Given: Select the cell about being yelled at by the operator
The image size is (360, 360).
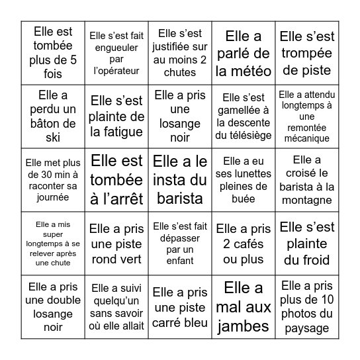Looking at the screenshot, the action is (x=116, y=52).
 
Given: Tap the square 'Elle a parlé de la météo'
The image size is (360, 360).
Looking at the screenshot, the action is (x=244, y=52).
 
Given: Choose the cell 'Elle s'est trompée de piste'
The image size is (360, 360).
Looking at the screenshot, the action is (x=307, y=52).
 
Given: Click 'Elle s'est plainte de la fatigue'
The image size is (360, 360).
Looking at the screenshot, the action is (x=116, y=116).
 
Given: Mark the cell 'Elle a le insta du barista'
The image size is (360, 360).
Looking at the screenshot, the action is (x=180, y=179).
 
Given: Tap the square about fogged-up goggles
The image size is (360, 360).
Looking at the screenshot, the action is (x=244, y=179).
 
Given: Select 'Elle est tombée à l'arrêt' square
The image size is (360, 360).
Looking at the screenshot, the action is (x=116, y=179).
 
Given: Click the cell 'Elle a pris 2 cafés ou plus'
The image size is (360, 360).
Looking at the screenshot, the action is (x=244, y=243).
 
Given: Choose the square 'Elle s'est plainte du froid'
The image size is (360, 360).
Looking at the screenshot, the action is (x=307, y=243).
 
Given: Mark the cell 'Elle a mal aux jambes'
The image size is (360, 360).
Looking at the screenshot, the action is (x=244, y=306).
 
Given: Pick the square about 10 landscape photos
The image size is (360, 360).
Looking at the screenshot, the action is (x=307, y=306).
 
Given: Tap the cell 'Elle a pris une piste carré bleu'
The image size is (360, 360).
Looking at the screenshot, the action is (x=180, y=306).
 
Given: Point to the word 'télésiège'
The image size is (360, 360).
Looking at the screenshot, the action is (x=244, y=136).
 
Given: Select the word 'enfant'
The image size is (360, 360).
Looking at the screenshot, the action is (x=180, y=261).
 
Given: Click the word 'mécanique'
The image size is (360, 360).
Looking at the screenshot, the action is (x=307, y=138).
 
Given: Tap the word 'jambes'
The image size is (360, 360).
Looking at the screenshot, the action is (x=244, y=326).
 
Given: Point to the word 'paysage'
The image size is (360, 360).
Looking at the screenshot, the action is (x=307, y=328).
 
